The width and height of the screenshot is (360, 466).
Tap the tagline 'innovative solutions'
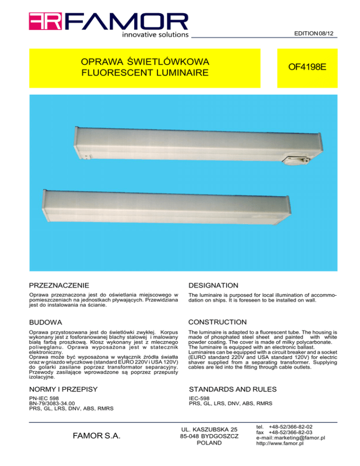point(155,34)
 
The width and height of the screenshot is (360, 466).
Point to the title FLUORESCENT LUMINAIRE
point(144,73)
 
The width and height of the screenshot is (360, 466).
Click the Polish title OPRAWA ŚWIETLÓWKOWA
point(144,62)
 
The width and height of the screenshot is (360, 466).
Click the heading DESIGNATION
point(213,286)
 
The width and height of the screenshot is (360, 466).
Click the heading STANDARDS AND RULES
point(232,389)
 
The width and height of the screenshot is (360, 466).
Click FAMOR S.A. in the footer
point(96,436)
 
